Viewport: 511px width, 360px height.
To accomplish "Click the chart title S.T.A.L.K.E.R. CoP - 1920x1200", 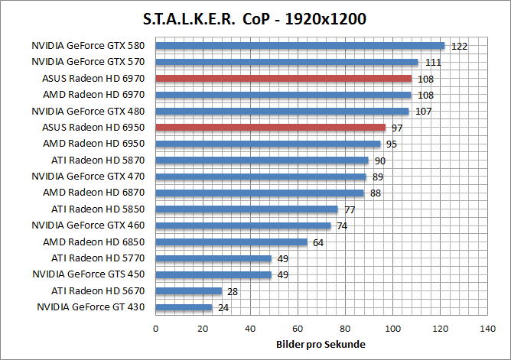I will pos(255,18).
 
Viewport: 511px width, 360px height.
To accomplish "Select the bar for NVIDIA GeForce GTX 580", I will pos(300,45).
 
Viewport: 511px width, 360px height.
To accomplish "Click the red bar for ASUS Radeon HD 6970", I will pos(283,78).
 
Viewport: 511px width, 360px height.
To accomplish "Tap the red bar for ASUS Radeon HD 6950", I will pos(270,127).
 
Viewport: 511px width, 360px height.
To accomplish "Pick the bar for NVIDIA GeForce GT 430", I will pos(184,307).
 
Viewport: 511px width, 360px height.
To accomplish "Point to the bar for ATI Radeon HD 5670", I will pos(188,290).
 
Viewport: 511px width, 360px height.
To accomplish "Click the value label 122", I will pos(459,46).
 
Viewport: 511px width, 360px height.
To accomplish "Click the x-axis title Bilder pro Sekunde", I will pos(321,345).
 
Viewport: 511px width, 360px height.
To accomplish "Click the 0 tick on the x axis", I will pos(156,329).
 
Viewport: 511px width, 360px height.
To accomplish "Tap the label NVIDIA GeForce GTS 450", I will pos(88,274).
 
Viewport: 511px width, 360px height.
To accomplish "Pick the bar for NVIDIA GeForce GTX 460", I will pos(243,225).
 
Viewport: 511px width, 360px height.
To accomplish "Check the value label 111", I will pos(433,62).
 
